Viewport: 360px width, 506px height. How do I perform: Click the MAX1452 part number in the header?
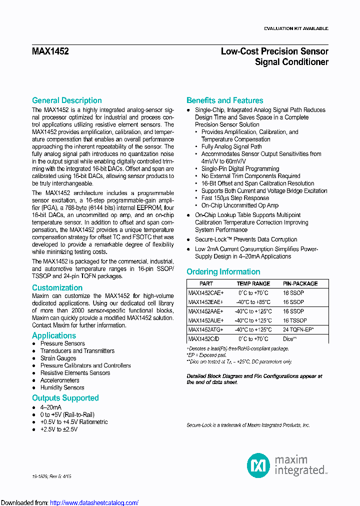tap(50, 51)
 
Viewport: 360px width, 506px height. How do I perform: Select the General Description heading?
tap(66, 100)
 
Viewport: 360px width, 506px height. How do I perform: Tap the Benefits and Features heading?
tap(224, 100)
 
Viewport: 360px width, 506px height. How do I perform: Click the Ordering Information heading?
tap(223, 272)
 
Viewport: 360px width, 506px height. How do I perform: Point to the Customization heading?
tap(57, 288)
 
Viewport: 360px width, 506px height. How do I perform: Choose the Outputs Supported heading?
tap(65, 398)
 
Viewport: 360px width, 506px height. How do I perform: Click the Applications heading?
tap(54, 335)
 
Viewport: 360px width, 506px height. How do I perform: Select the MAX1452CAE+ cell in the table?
tap(205, 293)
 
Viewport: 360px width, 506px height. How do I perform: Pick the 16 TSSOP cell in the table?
tap(295, 320)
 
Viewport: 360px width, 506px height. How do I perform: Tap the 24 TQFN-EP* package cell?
tap(298, 330)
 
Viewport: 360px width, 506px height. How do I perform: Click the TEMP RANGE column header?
tap(253, 283)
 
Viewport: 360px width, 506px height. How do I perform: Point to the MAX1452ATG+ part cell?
tap(205, 330)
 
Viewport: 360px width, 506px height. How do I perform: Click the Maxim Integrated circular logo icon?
tap(258, 465)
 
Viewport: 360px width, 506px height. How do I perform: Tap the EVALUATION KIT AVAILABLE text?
tap(296, 28)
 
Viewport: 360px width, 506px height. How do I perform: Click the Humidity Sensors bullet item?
tap(62, 387)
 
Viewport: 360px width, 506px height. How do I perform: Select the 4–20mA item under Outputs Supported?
tap(50, 407)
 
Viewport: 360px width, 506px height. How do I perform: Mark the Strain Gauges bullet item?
tap(58, 358)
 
